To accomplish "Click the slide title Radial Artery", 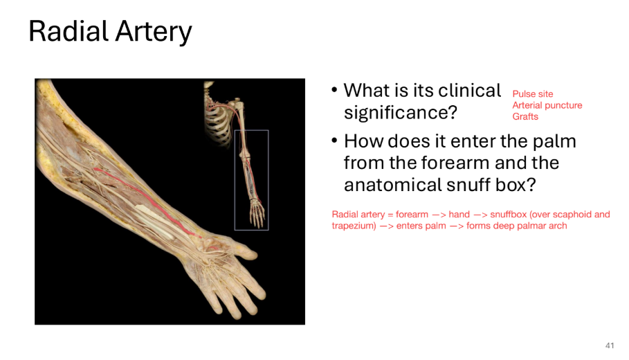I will pyautogui.click(x=110, y=32).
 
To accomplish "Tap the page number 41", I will pyautogui.click(x=610, y=345).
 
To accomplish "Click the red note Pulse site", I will pyautogui.click(x=532, y=94).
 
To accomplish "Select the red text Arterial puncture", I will pyautogui.click(x=547, y=105).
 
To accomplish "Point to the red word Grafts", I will pyautogui.click(x=525, y=116).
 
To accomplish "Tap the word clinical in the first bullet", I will pyautogui.click(x=468, y=91).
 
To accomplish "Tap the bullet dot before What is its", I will pyautogui.click(x=335, y=91).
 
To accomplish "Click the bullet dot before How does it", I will pyautogui.click(x=335, y=142).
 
